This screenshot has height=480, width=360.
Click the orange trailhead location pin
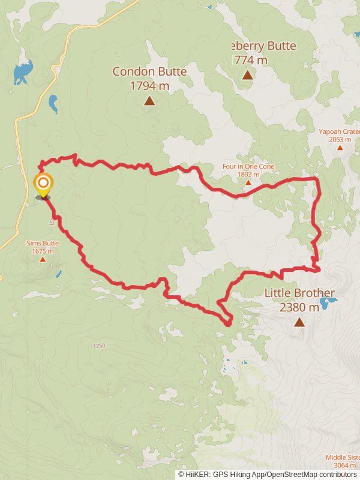(43, 183)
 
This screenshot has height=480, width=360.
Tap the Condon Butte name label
(149, 71)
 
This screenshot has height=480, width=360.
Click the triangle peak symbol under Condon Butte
(149, 101)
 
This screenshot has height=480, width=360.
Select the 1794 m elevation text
(149, 85)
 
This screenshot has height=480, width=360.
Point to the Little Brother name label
(299, 294)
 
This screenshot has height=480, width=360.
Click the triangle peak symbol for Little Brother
(299, 322)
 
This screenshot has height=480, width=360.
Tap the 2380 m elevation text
(299, 308)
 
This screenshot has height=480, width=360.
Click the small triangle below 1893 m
(248, 182)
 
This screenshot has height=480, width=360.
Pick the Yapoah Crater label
(339, 131)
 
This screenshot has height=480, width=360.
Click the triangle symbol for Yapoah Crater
(340, 147)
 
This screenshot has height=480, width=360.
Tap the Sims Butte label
(43, 244)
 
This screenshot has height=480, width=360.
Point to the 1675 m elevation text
(43, 251)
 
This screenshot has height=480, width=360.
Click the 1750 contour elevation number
(99, 346)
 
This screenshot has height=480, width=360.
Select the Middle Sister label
(343, 457)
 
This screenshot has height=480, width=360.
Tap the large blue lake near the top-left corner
(22, 73)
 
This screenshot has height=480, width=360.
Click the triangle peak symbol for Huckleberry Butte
(247, 75)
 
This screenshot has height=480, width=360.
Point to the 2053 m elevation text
(340, 139)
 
